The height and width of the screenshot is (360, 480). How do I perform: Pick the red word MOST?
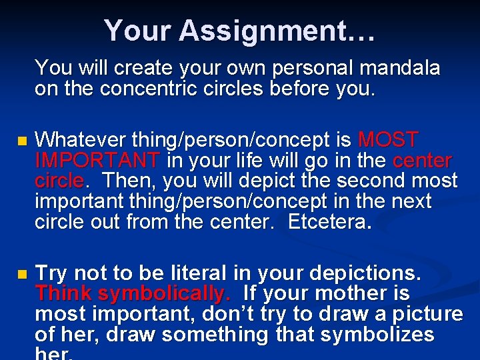click(x=388, y=140)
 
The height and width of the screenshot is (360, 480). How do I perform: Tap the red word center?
click(x=422, y=161)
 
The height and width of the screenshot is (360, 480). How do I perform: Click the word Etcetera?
click(x=329, y=222)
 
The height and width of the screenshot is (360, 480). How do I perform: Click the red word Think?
click(x=64, y=293)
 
